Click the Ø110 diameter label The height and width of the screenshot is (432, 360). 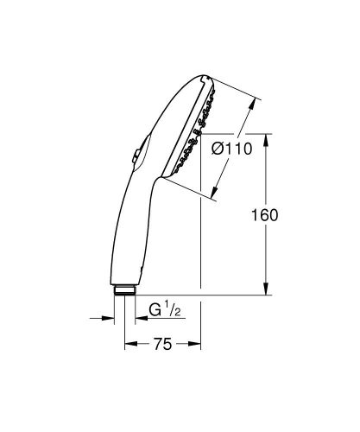coord(231,149)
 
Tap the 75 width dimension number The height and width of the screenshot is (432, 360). coord(161,345)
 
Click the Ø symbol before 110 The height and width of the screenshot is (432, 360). coord(218,149)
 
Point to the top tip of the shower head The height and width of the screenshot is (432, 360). coord(205,75)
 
